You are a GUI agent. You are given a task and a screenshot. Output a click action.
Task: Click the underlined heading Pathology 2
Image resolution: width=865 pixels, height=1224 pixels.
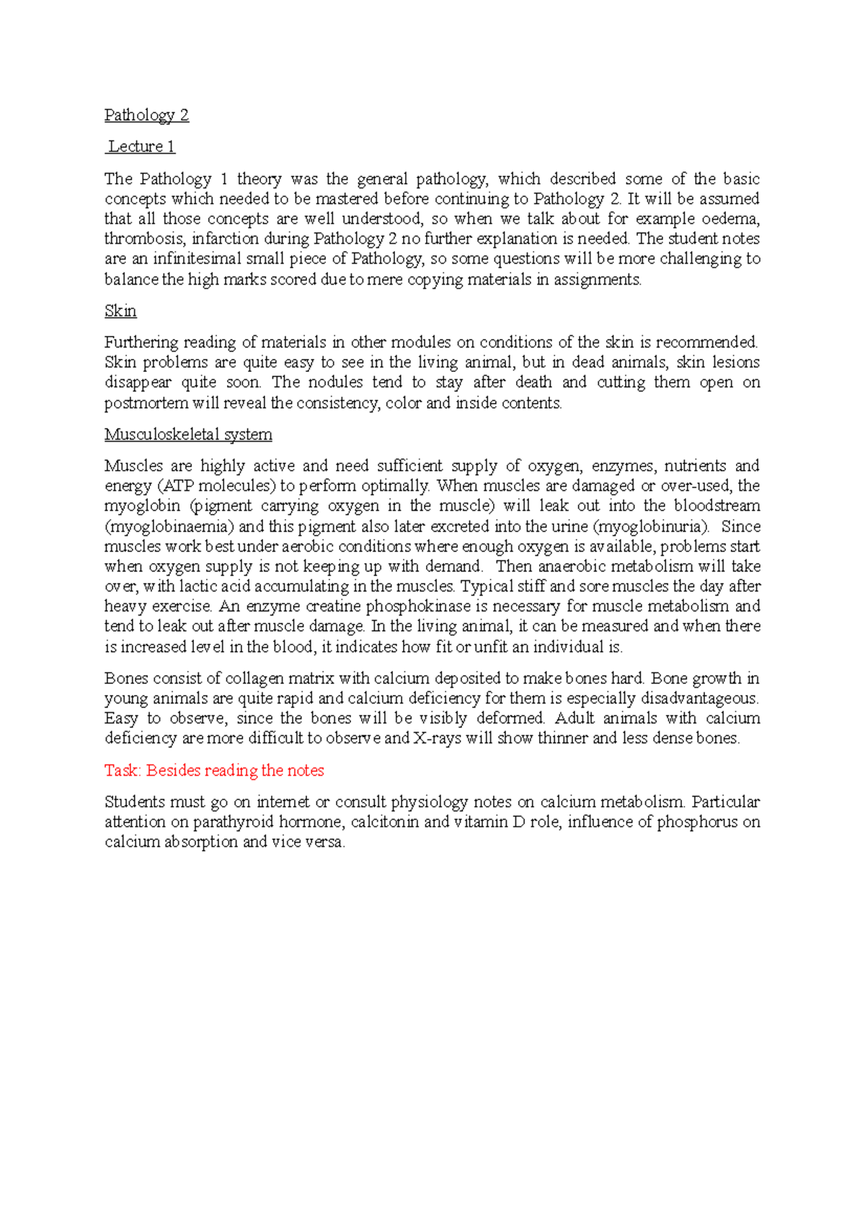(146, 115)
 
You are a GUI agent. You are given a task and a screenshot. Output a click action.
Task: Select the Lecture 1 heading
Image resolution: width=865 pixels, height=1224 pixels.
(141, 147)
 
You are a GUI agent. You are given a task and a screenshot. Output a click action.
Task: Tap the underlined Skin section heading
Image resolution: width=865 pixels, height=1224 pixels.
(120, 311)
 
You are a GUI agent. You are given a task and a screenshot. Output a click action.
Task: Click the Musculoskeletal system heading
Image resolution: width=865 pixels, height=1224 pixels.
(188, 435)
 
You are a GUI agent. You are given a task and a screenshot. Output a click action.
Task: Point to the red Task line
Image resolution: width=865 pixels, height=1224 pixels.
(214, 771)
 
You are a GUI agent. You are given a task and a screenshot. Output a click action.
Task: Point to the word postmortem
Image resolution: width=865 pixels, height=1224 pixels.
(146, 403)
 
